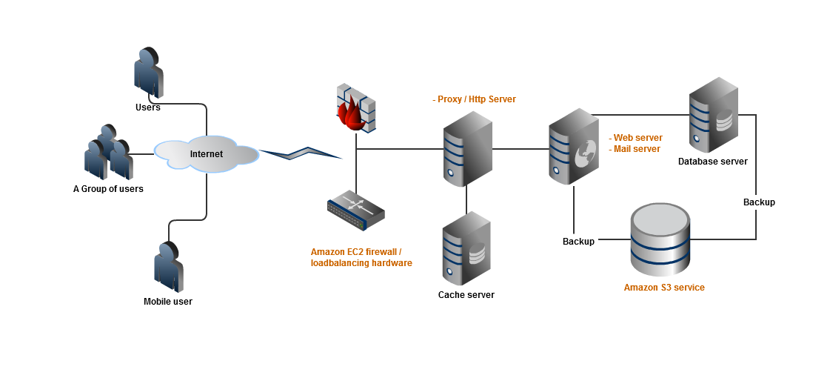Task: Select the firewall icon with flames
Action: (356, 108)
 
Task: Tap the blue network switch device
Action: (356, 210)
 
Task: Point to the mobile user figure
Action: (168, 267)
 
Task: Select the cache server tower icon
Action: (466, 248)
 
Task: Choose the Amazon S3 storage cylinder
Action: (660, 239)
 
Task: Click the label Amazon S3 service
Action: (664, 288)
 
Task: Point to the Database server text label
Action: (712, 162)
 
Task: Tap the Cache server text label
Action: (466, 295)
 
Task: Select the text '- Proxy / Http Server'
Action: (474, 99)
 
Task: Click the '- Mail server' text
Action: (635, 149)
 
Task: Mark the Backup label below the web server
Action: (578, 242)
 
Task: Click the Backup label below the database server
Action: (759, 202)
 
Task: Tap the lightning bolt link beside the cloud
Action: (300, 153)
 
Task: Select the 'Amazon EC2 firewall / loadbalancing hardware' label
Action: (361, 257)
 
